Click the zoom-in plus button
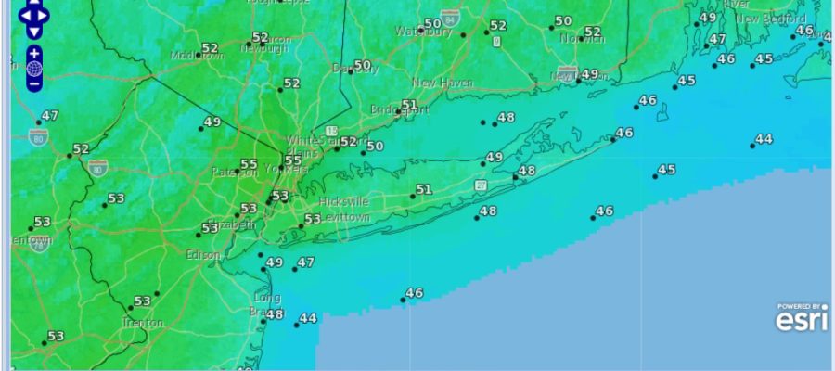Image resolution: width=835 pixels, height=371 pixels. (34, 53)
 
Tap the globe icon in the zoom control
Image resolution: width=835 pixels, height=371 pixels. (34, 69)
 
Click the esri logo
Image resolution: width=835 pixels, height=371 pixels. (802, 319)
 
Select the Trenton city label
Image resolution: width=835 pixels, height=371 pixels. (143, 323)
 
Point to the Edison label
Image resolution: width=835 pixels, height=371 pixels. (203, 254)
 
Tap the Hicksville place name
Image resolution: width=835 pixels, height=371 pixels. (343, 201)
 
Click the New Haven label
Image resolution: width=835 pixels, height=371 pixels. (443, 83)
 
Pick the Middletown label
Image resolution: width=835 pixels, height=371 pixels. (199, 56)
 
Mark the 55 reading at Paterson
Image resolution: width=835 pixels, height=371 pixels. (249, 165)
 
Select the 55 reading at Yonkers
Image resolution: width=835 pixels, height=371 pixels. (292, 160)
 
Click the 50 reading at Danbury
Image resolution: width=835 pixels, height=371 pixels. (362, 66)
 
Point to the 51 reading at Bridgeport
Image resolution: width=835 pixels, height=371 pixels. (409, 105)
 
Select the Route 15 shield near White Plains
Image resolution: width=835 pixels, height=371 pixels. (331, 134)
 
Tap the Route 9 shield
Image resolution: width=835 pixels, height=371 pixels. (496, 42)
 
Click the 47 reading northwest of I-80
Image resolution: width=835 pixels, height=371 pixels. (49, 116)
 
